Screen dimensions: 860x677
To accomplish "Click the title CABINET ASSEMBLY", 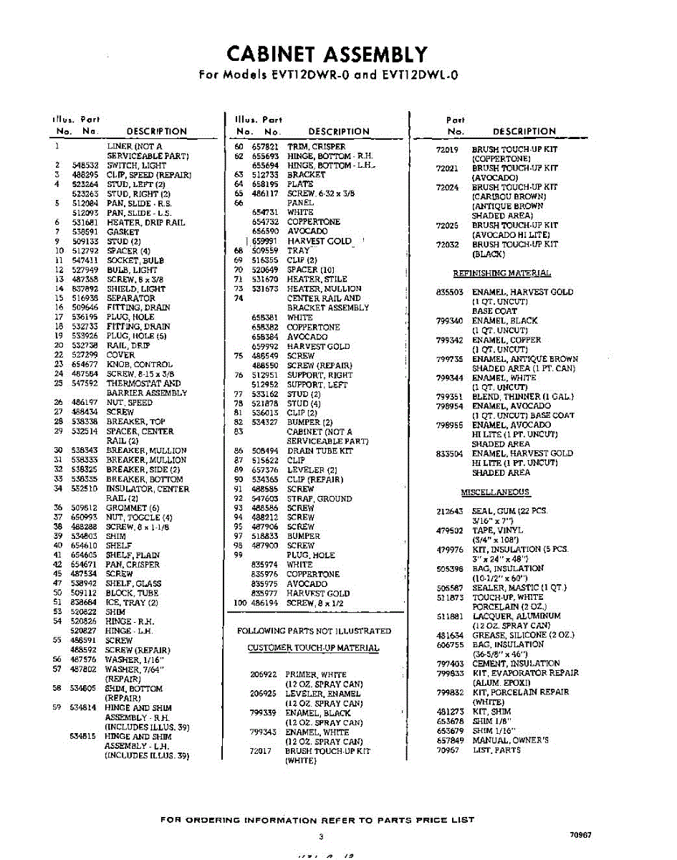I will (327, 54).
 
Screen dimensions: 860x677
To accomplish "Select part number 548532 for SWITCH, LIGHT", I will (85, 165).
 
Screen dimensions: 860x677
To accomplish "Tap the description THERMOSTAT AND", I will (143, 383).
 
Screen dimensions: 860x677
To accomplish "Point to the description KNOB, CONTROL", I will (140, 365).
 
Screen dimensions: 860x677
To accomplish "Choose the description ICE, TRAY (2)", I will (132, 603).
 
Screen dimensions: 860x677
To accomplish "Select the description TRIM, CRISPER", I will (316, 147).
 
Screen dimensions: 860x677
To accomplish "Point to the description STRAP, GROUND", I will (319, 499).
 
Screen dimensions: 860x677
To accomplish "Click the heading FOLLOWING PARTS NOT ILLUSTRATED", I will (314, 631).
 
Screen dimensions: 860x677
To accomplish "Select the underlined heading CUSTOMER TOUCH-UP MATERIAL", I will (313, 648).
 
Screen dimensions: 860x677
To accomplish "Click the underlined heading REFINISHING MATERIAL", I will (501, 273).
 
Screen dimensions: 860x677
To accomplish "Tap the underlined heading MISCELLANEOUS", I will (496, 492).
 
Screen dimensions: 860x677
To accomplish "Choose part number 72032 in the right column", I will (448, 244).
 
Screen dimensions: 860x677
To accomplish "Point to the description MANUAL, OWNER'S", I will (510, 740).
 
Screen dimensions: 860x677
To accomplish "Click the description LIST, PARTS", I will (496, 750).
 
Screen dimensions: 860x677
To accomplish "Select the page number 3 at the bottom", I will (322, 836).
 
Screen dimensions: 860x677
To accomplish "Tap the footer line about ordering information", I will (317, 820).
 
